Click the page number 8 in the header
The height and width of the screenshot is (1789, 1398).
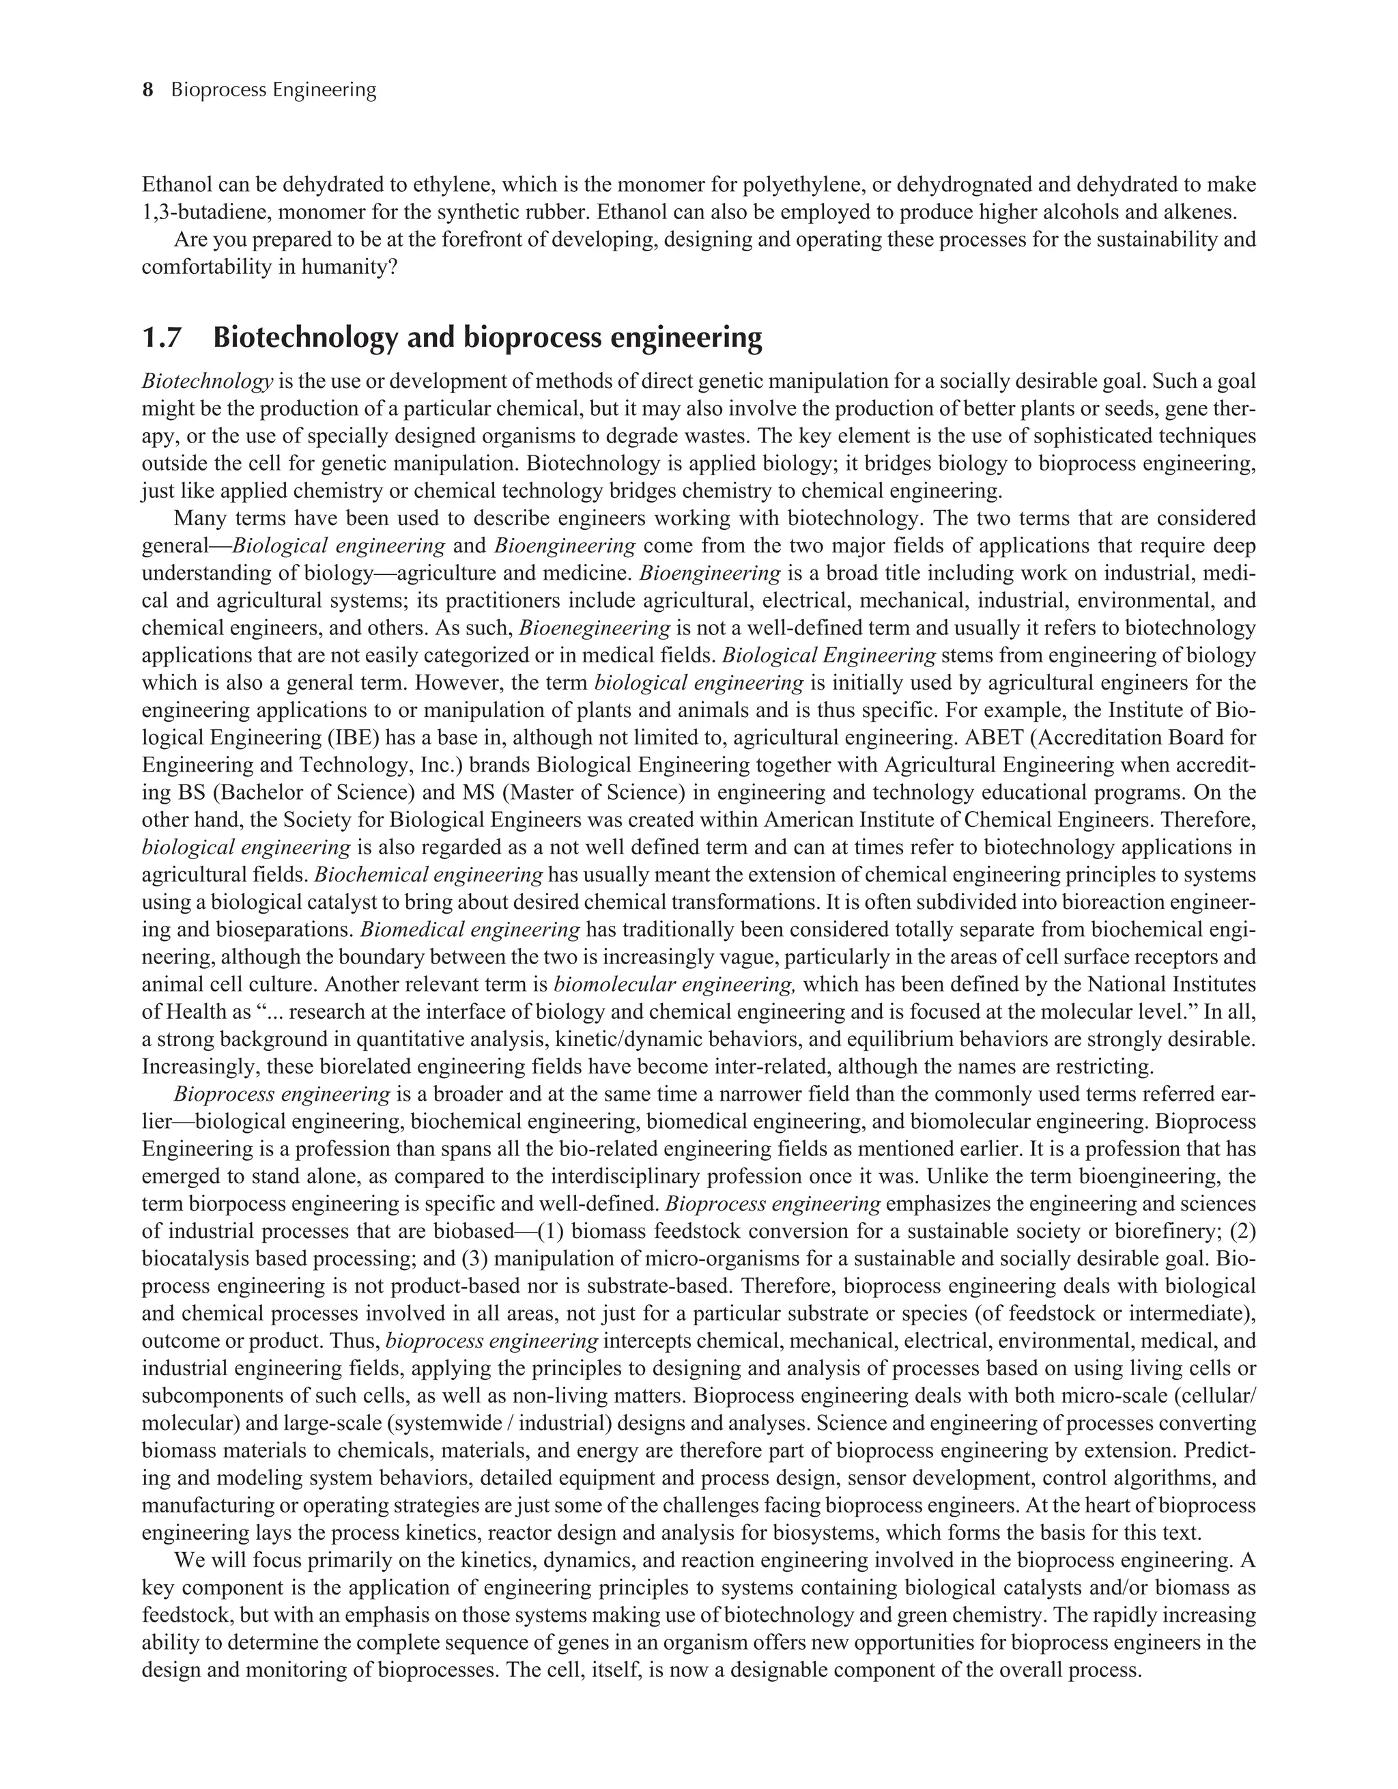point(148,90)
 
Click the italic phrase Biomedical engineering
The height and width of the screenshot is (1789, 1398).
point(470,930)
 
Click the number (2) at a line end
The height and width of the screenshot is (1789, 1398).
point(1243,1231)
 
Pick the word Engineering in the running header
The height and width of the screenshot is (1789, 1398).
point(324,90)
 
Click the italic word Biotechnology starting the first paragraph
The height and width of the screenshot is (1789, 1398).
point(208,381)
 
